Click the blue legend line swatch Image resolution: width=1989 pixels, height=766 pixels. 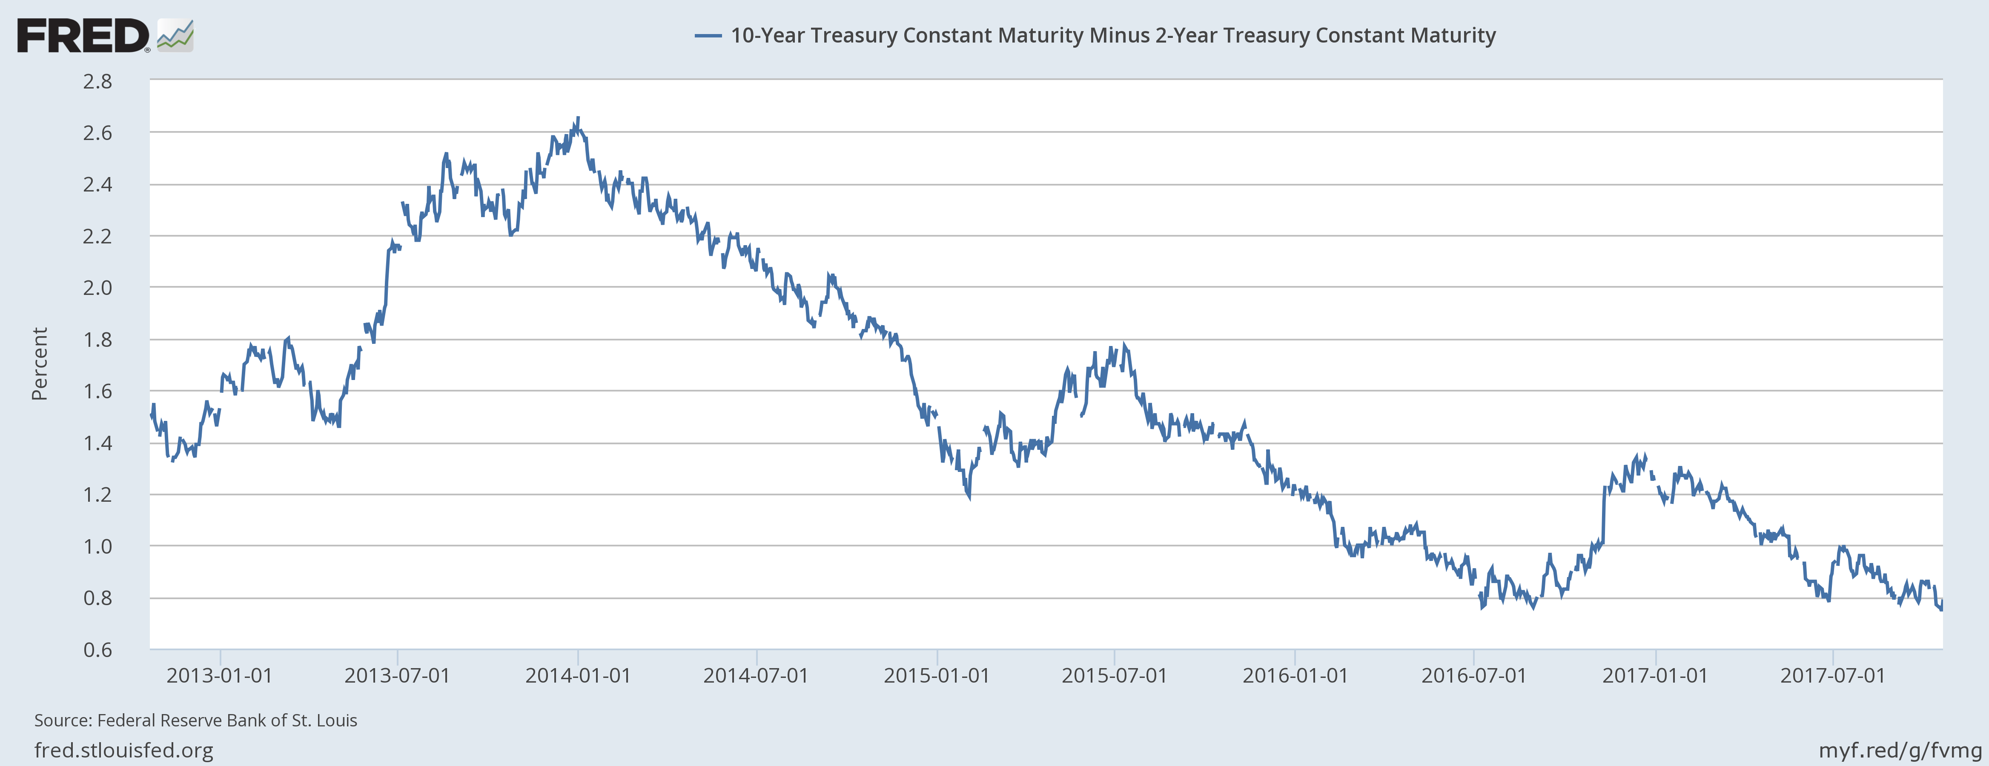pos(707,35)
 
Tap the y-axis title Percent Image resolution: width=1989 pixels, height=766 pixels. pos(39,364)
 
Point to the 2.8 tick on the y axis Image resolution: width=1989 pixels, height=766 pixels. pos(97,81)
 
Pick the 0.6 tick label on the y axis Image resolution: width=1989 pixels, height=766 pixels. pos(97,649)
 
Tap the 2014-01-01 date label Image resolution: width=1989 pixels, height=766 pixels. pos(578,676)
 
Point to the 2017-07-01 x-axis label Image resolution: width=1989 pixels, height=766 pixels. pos(1832,676)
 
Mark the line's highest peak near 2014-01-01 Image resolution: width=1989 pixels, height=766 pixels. pos(578,118)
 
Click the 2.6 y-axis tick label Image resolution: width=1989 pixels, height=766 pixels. pos(97,133)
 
